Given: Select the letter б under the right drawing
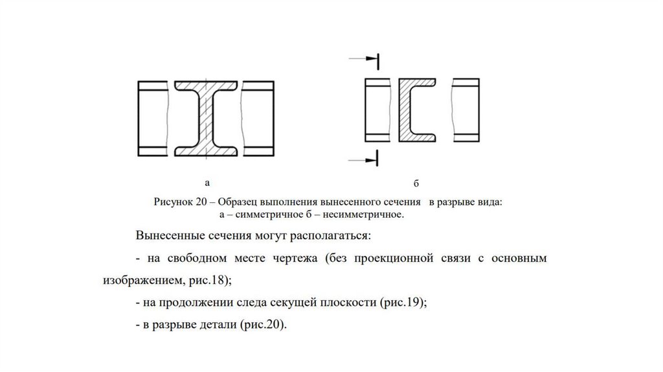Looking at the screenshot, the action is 416,184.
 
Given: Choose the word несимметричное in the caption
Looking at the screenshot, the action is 368,213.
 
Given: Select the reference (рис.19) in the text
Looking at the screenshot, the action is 401,302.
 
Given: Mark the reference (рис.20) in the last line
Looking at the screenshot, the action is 262,325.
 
